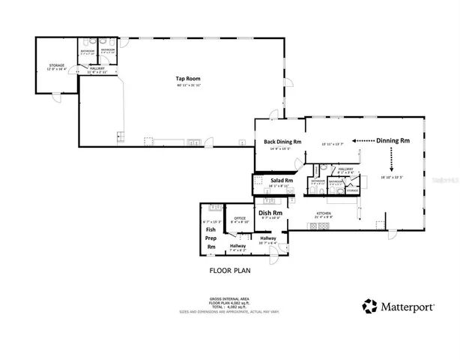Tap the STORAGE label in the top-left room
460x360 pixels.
click(57, 64)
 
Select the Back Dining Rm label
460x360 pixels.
click(282, 141)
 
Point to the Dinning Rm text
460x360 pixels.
click(393, 140)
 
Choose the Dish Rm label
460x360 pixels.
click(270, 212)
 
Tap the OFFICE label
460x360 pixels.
click(240, 218)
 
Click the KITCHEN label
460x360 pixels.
click(323, 214)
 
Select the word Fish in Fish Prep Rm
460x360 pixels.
click(211, 230)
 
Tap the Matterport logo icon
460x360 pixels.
click(369, 305)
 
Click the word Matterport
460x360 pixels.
click(408, 306)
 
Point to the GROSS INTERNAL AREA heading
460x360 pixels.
click(229, 297)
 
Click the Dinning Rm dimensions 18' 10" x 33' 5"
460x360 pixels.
click(392, 178)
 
